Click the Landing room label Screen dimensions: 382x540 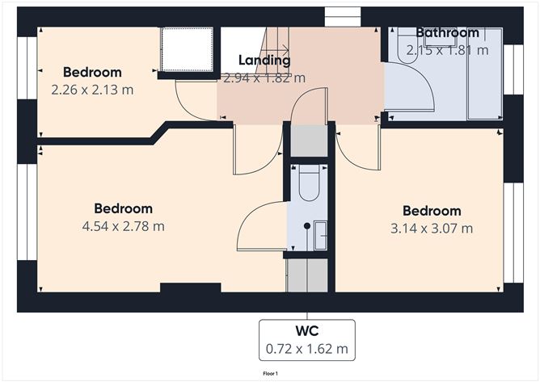point(264,61)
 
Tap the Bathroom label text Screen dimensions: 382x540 point(447,33)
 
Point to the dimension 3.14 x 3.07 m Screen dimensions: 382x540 point(432,229)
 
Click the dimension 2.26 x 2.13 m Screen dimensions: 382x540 point(92,90)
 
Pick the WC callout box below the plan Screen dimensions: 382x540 point(307,340)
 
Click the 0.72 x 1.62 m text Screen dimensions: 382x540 point(307,350)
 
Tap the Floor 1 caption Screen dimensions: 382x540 point(270,374)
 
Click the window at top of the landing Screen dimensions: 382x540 point(340,15)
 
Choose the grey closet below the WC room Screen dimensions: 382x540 point(307,275)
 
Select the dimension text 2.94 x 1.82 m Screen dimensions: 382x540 point(264,78)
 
